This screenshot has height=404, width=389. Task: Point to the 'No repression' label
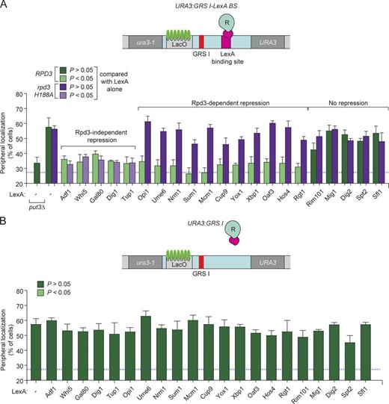(348, 99)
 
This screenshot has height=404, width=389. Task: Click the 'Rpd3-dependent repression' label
(222, 99)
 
